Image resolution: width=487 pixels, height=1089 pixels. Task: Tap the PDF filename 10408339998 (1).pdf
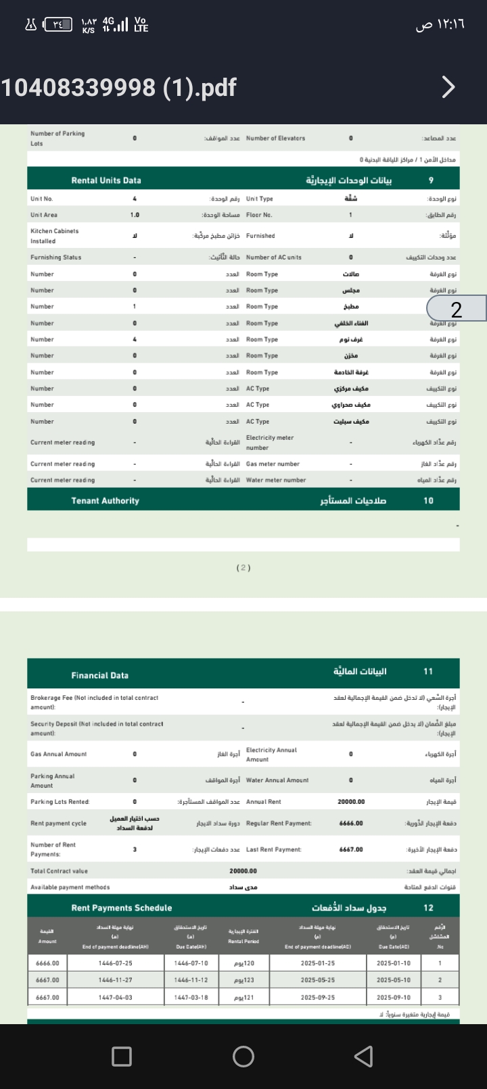coord(119,87)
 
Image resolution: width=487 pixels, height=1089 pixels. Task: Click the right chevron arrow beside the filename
coord(448,87)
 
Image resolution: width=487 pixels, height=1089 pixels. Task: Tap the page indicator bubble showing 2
coord(457,309)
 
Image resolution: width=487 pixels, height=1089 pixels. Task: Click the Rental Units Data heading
coord(106,180)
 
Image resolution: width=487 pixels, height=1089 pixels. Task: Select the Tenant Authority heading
coord(105,501)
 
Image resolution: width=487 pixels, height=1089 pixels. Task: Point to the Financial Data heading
coord(99,675)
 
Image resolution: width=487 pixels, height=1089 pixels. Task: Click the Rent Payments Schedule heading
coord(122,908)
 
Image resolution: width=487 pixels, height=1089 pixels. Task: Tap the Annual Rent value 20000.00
coord(351,802)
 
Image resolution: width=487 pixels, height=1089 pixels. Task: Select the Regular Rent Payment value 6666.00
coord(351,824)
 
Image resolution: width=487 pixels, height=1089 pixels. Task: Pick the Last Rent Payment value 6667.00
coord(351,849)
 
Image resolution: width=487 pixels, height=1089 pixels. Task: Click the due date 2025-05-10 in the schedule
coord(393,980)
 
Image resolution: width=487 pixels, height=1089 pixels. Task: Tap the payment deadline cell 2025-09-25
coord(317,997)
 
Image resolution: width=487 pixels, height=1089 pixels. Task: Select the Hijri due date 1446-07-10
coord(191,963)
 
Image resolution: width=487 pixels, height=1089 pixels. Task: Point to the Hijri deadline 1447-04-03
coord(115,997)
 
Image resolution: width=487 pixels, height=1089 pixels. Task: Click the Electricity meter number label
coord(269,442)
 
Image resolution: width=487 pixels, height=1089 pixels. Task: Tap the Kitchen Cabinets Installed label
coord(54,236)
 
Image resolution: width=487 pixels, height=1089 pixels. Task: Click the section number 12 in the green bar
coord(428,908)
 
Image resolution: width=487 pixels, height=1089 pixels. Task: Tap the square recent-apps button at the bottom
coord(122,1057)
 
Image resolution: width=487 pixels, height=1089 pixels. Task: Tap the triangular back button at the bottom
coord(364,1057)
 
